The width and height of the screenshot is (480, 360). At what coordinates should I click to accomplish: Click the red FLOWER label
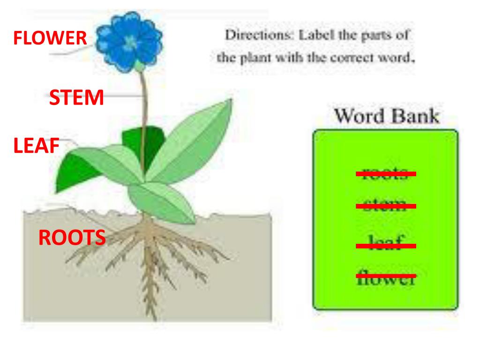point(50,38)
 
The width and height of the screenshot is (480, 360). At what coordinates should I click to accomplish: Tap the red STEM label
point(76,97)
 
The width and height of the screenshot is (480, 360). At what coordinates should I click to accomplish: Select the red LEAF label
point(36,146)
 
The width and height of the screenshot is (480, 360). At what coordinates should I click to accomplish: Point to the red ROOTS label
point(72,238)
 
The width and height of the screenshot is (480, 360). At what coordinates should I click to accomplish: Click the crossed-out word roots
point(386,174)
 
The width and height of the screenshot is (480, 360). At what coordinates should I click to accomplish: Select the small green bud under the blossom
point(140,67)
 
